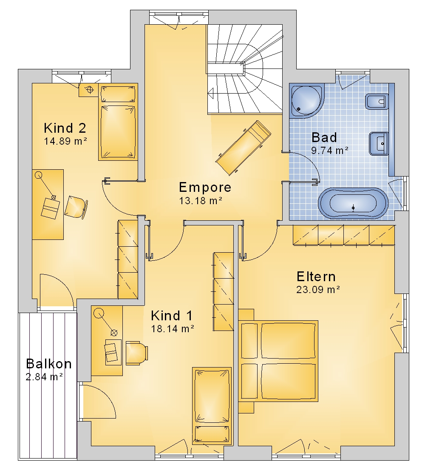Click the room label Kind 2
coord(65,128)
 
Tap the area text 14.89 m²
coord(66,141)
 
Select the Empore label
coord(205,187)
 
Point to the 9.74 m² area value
coord(330,150)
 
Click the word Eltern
coord(316,276)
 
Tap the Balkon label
coord(49,364)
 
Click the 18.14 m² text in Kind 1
coord(173,328)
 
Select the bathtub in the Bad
coord(353,204)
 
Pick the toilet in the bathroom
coord(377,102)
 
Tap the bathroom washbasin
coord(379,144)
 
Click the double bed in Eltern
coord(278,361)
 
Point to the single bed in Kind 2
coord(118,122)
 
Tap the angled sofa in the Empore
coord(243,148)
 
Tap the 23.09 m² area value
coord(318,290)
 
